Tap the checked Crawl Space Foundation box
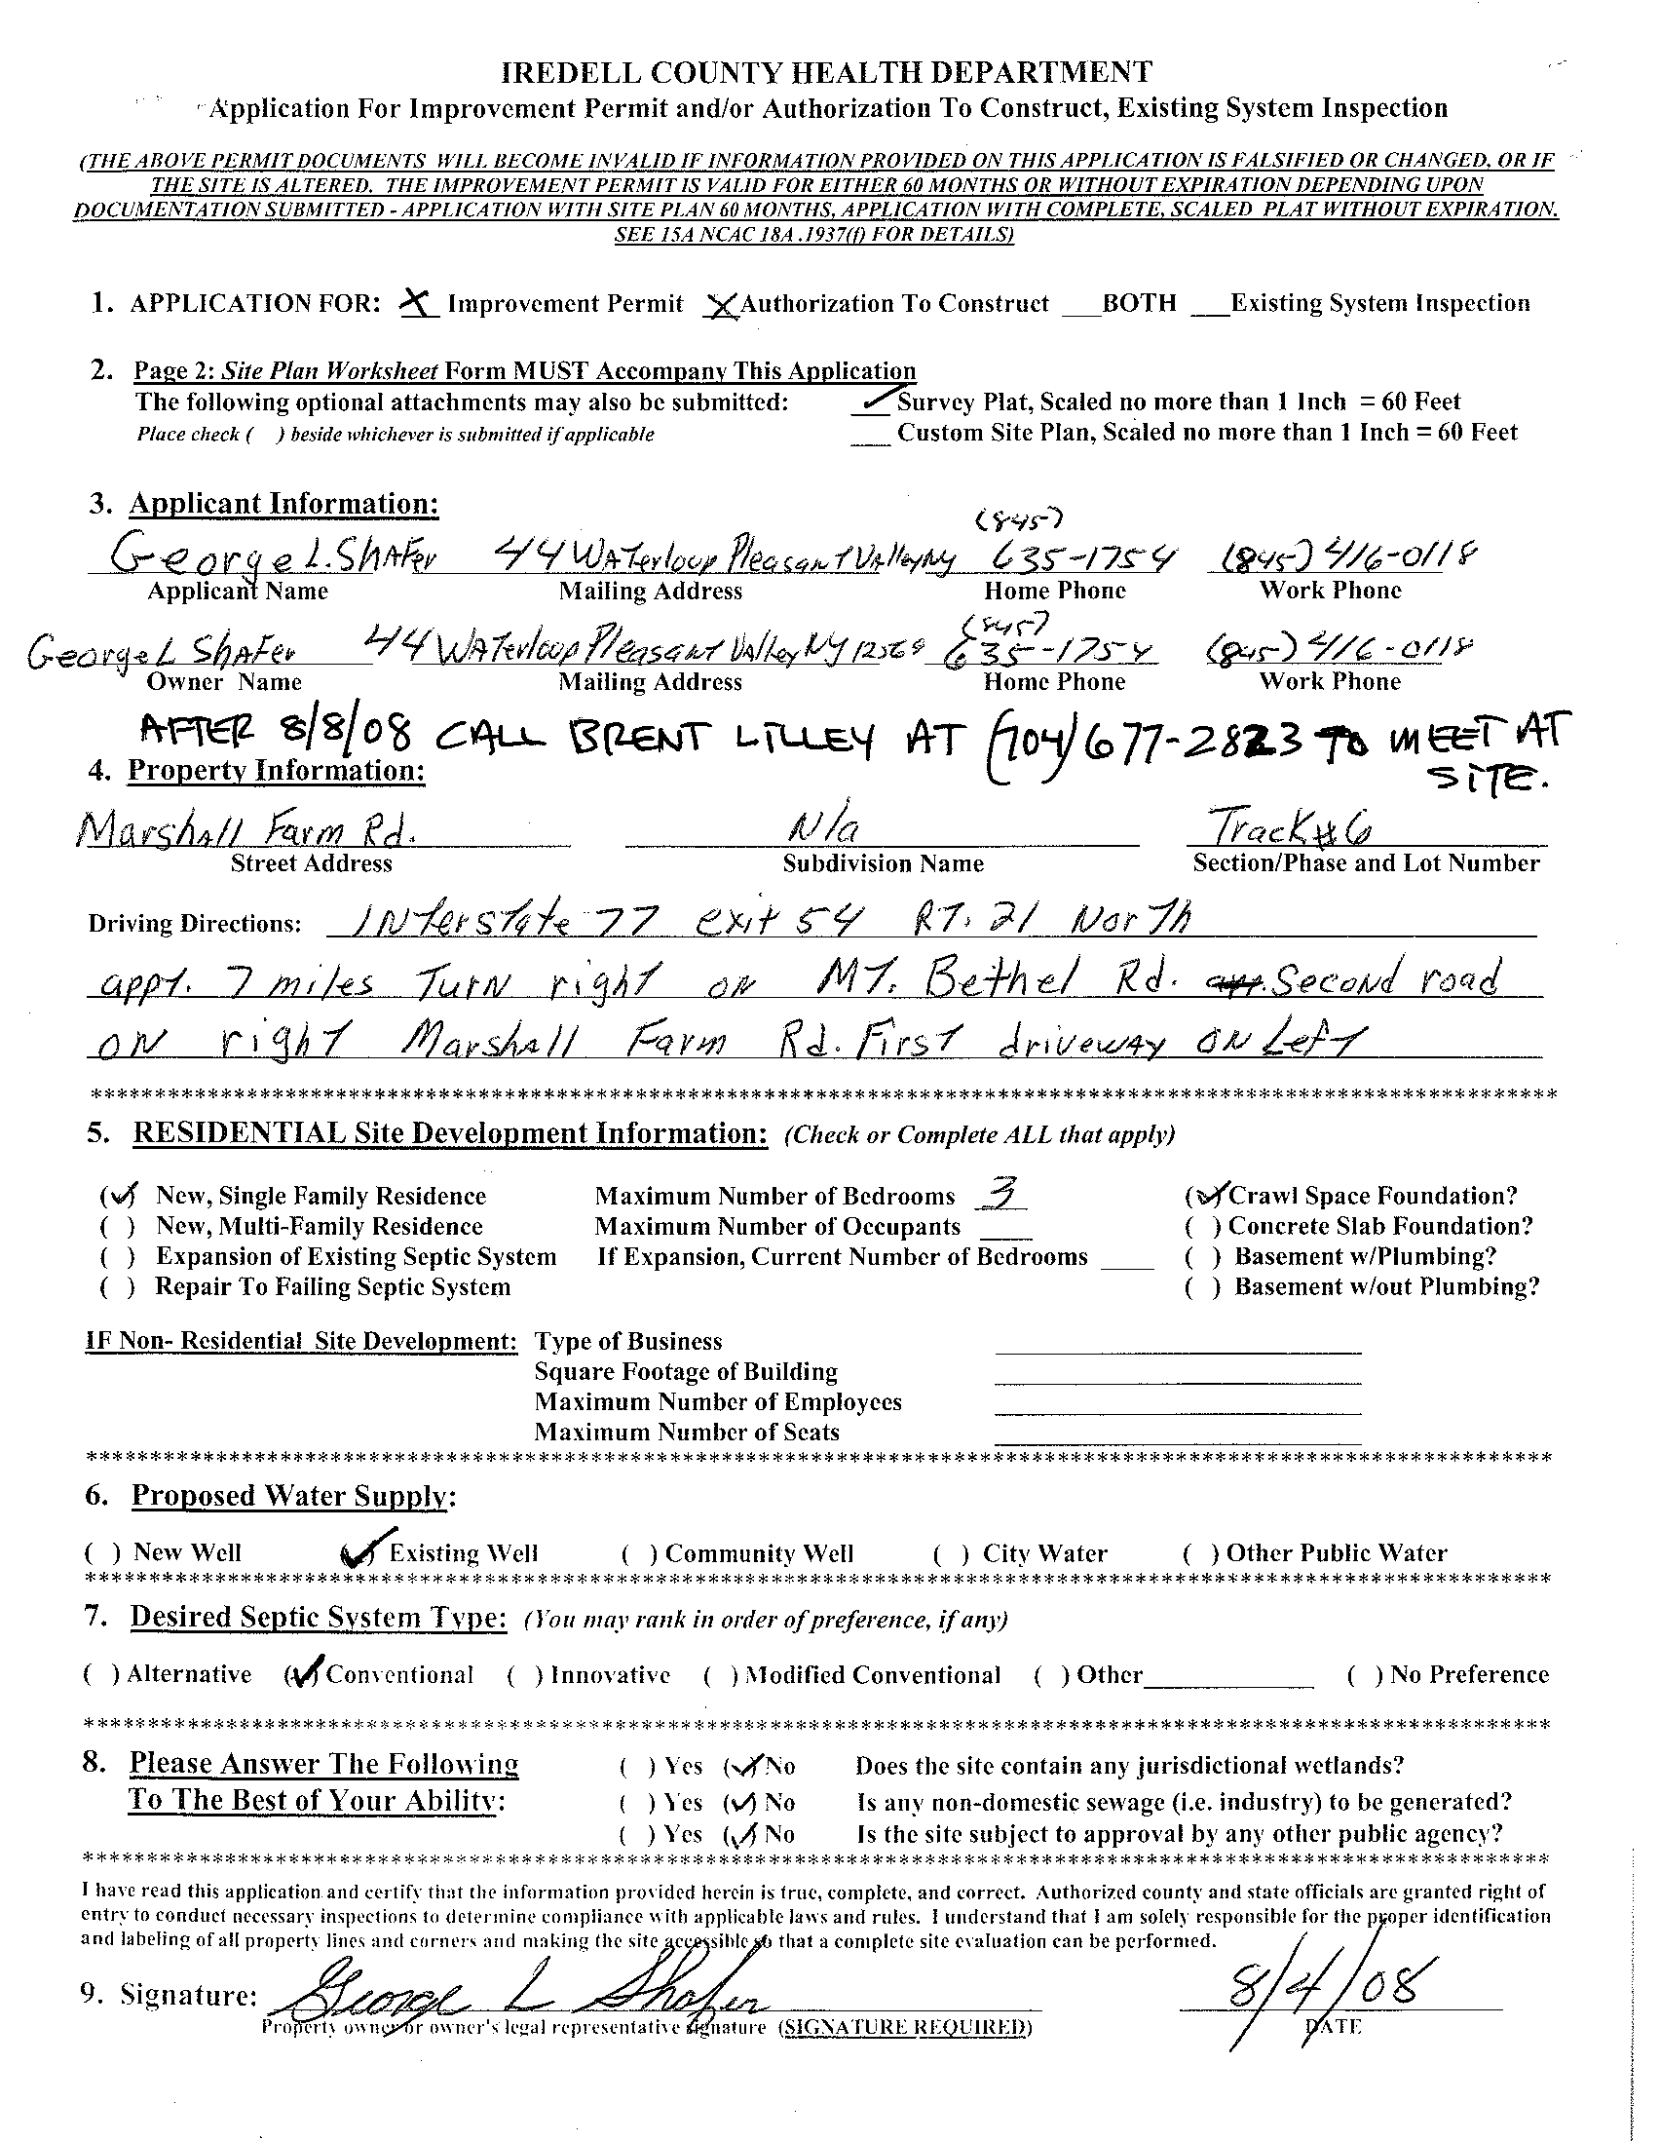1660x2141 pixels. [x=1204, y=1195]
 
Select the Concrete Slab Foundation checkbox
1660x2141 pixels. [x=1203, y=1227]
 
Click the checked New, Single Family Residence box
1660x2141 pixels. [x=120, y=1196]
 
